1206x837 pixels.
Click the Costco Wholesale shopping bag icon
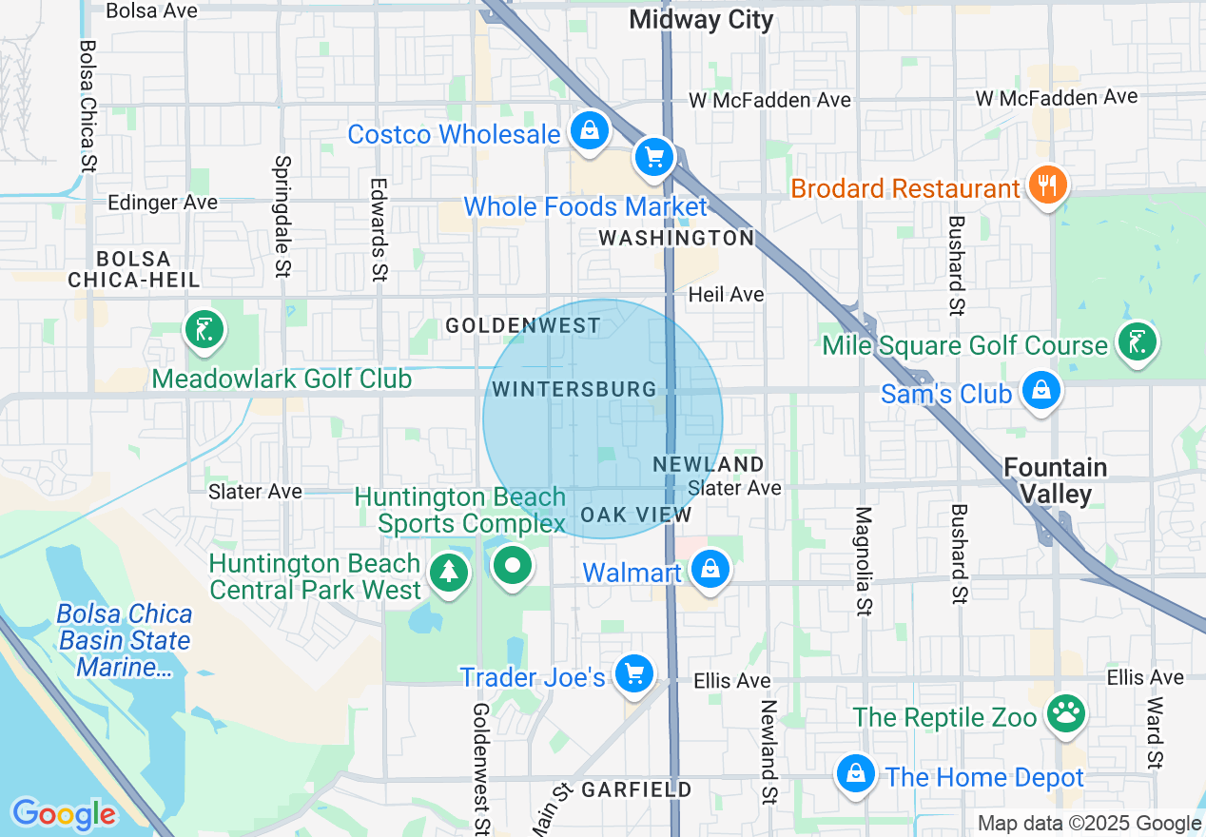pyautogui.click(x=590, y=130)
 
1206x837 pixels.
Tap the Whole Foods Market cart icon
pyautogui.click(x=653, y=158)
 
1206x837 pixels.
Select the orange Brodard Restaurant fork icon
pyautogui.click(x=1047, y=185)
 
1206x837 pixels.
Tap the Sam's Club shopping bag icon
pyautogui.click(x=1041, y=390)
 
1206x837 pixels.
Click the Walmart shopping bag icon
pyautogui.click(x=710, y=570)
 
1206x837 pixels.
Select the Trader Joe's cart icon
pyautogui.click(x=633, y=674)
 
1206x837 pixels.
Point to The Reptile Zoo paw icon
pyautogui.click(x=1065, y=713)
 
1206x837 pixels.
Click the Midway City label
pyautogui.click(x=701, y=20)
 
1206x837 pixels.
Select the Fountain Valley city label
pyautogui.click(x=1056, y=480)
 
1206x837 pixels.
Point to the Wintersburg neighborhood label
pyautogui.click(x=574, y=389)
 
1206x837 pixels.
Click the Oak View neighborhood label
pyautogui.click(x=635, y=515)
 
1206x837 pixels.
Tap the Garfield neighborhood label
pyautogui.click(x=636, y=789)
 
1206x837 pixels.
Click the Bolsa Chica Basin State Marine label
pyautogui.click(x=124, y=640)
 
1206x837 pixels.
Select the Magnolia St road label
pyautogui.click(x=864, y=560)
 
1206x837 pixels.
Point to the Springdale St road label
pyautogui.click(x=282, y=218)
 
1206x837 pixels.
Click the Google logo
pyautogui.click(x=64, y=814)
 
